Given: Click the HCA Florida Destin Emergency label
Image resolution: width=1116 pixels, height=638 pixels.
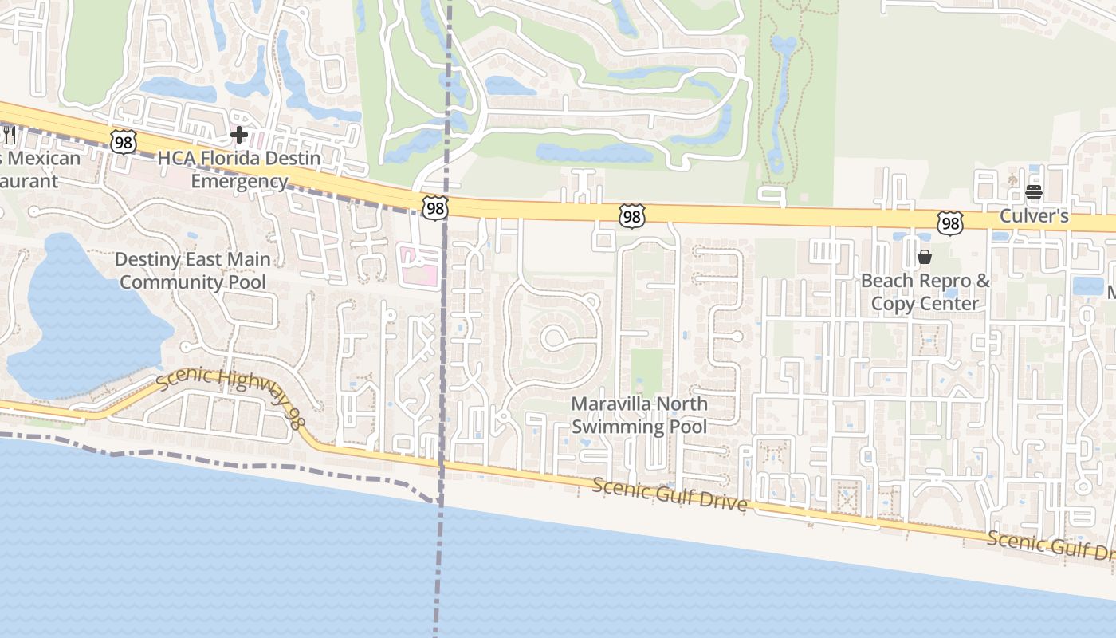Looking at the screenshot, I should pyautogui.click(x=239, y=169).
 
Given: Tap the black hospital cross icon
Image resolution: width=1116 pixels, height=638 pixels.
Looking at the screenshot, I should pyautogui.click(x=238, y=135).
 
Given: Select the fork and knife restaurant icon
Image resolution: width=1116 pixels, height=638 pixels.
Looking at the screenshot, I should pyautogui.click(x=10, y=134).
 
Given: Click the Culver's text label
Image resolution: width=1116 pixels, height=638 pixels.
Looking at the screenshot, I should pyautogui.click(x=1034, y=216).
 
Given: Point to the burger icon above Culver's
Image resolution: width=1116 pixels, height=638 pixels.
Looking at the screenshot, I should pyautogui.click(x=1034, y=192).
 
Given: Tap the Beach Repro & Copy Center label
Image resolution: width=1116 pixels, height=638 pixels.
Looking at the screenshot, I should pyautogui.click(x=925, y=292).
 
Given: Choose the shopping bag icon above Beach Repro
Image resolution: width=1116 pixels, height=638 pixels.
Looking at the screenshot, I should pyautogui.click(x=925, y=257).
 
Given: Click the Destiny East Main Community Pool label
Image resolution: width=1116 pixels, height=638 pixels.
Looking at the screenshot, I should pyautogui.click(x=193, y=270).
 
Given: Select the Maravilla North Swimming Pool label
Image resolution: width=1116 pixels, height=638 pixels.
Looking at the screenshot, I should pyautogui.click(x=639, y=415).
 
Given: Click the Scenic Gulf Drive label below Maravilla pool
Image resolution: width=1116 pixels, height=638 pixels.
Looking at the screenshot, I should pyautogui.click(x=670, y=494).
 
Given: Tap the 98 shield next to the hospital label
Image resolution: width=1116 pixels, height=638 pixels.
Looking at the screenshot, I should pyautogui.click(x=124, y=142).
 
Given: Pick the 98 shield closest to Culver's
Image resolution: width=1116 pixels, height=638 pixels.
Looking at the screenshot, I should pyautogui.click(x=949, y=223).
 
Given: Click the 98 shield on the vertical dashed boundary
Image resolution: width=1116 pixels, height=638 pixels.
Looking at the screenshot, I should pyautogui.click(x=435, y=208).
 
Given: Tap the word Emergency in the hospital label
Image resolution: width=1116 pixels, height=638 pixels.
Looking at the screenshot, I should pyautogui.click(x=239, y=181).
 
